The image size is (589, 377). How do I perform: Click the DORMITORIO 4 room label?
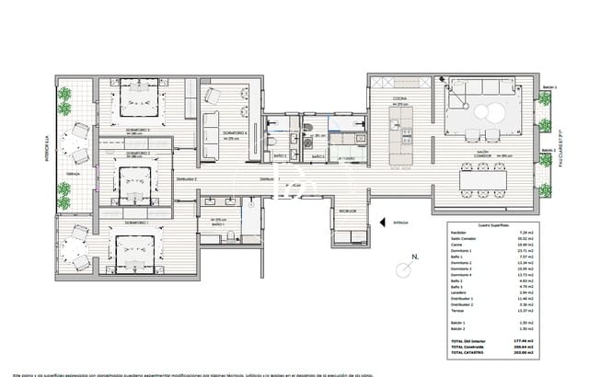[x=217, y=133]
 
